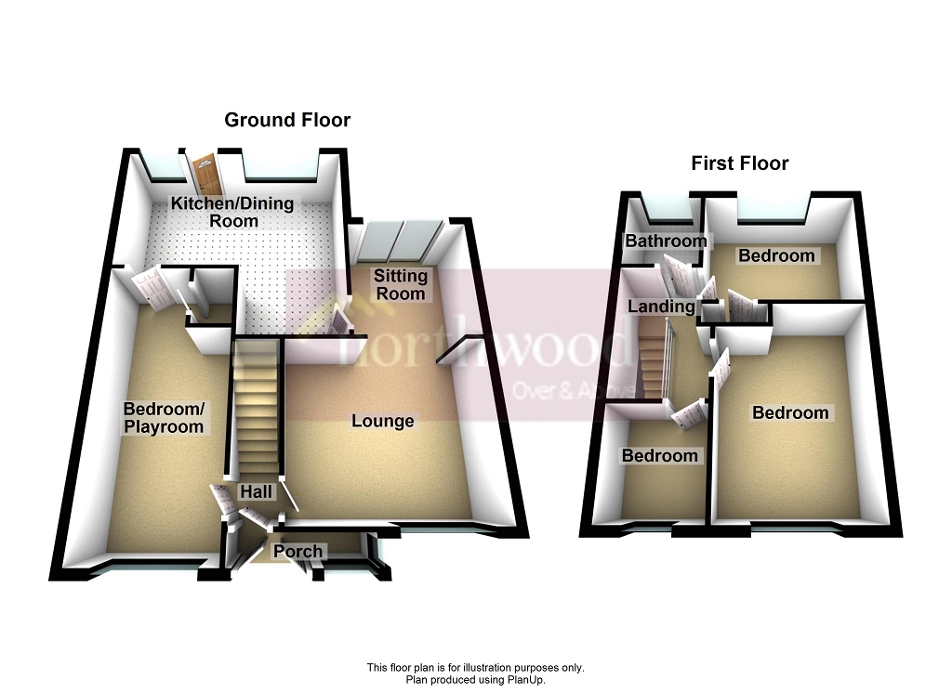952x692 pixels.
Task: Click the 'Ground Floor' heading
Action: [x=287, y=120]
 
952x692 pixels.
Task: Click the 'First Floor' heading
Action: [x=739, y=163]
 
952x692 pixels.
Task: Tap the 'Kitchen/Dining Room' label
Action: [x=231, y=212]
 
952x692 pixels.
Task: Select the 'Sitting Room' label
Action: [x=401, y=284]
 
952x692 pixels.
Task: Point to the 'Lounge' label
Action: [x=382, y=421]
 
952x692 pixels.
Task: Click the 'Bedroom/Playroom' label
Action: [x=164, y=417]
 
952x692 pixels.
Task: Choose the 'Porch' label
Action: [x=297, y=551]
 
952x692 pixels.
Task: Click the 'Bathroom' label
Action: [x=665, y=242]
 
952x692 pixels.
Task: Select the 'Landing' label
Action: [x=661, y=307]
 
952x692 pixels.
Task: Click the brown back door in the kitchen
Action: [x=204, y=175]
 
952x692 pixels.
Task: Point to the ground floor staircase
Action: [x=255, y=409]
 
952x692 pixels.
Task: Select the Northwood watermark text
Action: [x=483, y=348]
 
